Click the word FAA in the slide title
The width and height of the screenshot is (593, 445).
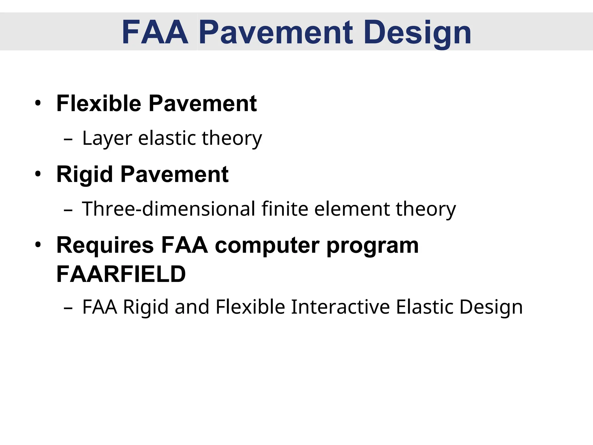pyautogui.click(x=155, y=32)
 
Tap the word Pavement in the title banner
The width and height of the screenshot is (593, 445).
pyautogui.click(x=276, y=32)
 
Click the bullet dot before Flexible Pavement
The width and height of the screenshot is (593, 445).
pyautogui.click(x=38, y=103)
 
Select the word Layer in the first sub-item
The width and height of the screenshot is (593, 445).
pyautogui.click(x=107, y=138)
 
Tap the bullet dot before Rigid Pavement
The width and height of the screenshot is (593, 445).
pyautogui.click(x=38, y=174)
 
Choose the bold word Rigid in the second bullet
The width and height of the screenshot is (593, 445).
pyautogui.click(x=85, y=174)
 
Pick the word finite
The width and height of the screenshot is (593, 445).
pyautogui.click(x=285, y=209)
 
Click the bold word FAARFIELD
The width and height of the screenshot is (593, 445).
pyautogui.click(x=121, y=274)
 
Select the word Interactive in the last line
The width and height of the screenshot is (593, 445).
pyautogui.click(x=340, y=307)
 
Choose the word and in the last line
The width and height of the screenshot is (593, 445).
pyautogui.click(x=192, y=307)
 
